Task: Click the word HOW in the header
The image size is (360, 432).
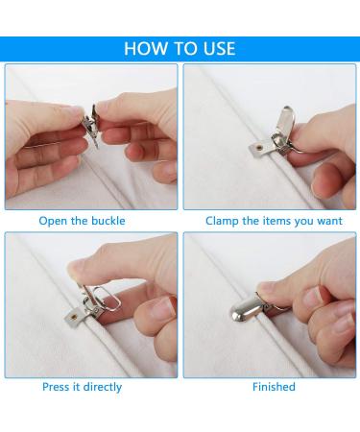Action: [146, 49]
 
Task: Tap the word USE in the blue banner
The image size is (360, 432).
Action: [216, 49]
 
